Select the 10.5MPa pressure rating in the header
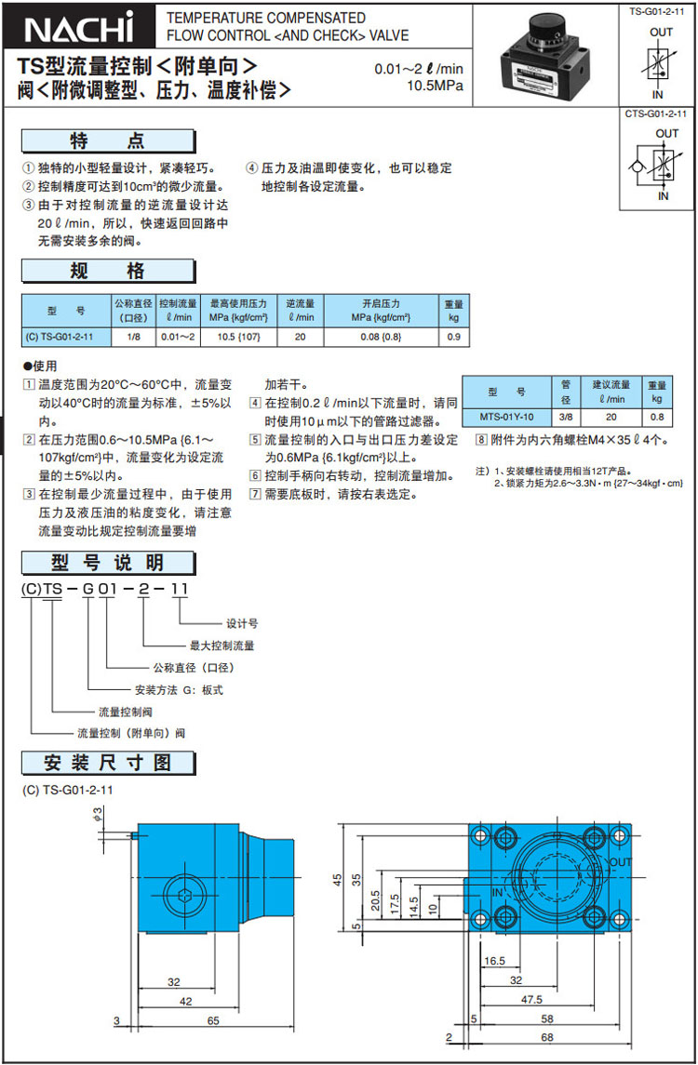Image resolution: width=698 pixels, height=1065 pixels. [x=435, y=87]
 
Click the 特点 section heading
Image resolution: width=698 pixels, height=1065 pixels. [x=109, y=141]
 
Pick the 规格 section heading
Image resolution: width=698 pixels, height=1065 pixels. [x=109, y=272]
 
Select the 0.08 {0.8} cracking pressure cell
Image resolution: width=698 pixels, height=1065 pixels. [x=381, y=336]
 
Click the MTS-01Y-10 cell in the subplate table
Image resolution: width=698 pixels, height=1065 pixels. [x=506, y=417]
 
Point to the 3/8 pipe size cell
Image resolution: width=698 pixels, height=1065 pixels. [x=565, y=417]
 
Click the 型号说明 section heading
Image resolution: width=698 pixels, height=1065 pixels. [x=109, y=563]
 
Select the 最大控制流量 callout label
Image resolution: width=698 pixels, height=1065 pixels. [x=221, y=645]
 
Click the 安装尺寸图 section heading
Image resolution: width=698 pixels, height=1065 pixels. [x=109, y=765]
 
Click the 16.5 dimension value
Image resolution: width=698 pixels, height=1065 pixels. [x=494, y=961]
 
